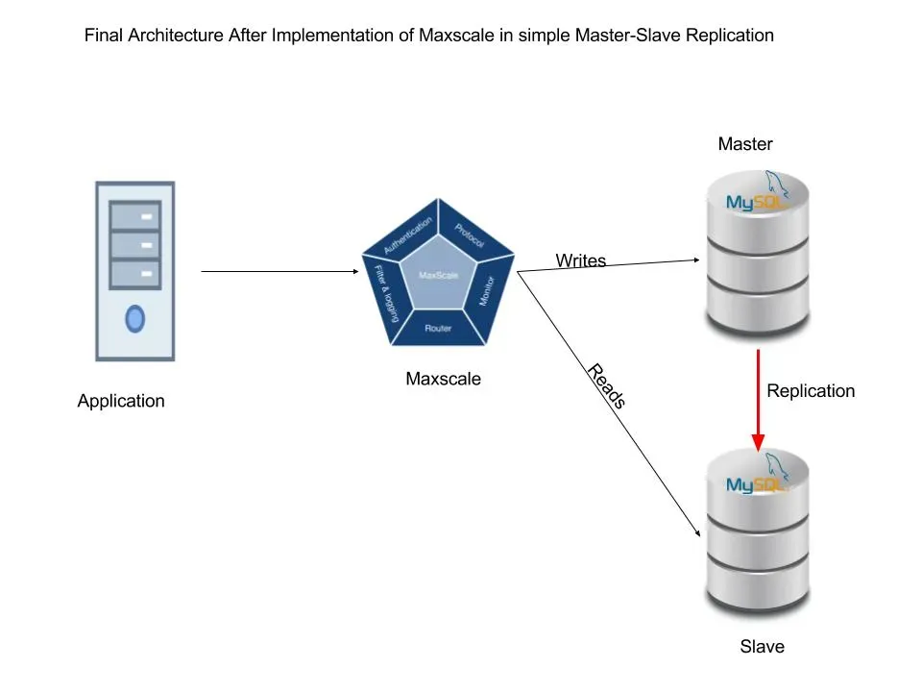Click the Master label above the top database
click(x=745, y=144)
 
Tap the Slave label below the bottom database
click(x=762, y=647)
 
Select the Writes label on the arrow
click(x=580, y=260)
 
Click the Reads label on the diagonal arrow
click(x=606, y=386)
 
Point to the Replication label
click(x=811, y=391)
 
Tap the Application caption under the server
click(x=121, y=401)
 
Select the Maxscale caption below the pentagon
click(x=443, y=379)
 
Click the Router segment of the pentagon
click(x=438, y=329)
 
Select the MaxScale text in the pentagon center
click(x=439, y=276)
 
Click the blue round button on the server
click(x=135, y=317)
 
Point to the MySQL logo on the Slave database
click(x=756, y=483)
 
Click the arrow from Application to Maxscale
click(x=279, y=272)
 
